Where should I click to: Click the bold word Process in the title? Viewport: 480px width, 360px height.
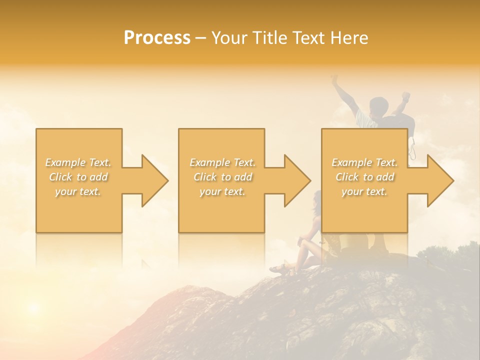click(x=157, y=38)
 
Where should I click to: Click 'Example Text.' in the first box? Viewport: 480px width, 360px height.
click(x=78, y=162)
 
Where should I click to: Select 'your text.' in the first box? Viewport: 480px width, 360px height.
click(x=78, y=191)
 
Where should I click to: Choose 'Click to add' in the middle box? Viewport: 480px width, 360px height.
click(x=222, y=177)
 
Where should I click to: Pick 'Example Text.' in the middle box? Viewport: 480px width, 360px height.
click(x=222, y=162)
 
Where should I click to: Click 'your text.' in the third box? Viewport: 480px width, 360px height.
click(x=364, y=191)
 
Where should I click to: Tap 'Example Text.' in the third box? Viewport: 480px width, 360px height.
click(x=364, y=162)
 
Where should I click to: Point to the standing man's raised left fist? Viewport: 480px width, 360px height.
click(x=334, y=79)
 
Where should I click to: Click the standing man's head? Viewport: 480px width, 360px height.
click(x=379, y=106)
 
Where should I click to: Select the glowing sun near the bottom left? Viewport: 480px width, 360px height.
click(x=33, y=306)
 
